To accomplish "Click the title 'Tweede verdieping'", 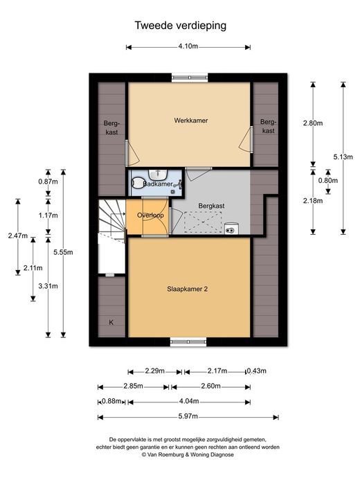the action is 181,26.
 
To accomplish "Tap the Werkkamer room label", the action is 191,121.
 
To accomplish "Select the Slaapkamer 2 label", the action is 187,289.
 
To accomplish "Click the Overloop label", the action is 150,215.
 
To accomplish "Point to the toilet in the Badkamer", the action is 137,184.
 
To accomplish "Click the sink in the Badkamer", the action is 158,175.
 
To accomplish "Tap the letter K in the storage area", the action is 111,322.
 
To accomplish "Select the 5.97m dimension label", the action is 188,416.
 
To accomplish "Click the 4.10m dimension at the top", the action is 188,46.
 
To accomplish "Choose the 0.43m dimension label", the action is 257,371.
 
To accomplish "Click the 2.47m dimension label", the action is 18,235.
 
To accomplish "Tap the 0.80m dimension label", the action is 328,181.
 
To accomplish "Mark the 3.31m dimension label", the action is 48,286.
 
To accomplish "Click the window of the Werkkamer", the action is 190,78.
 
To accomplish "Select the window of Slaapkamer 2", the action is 188,342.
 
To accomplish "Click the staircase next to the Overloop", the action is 112,218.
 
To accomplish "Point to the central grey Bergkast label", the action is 211,206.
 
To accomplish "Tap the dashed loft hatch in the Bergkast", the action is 202,222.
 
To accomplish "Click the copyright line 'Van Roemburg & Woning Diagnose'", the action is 188,454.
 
